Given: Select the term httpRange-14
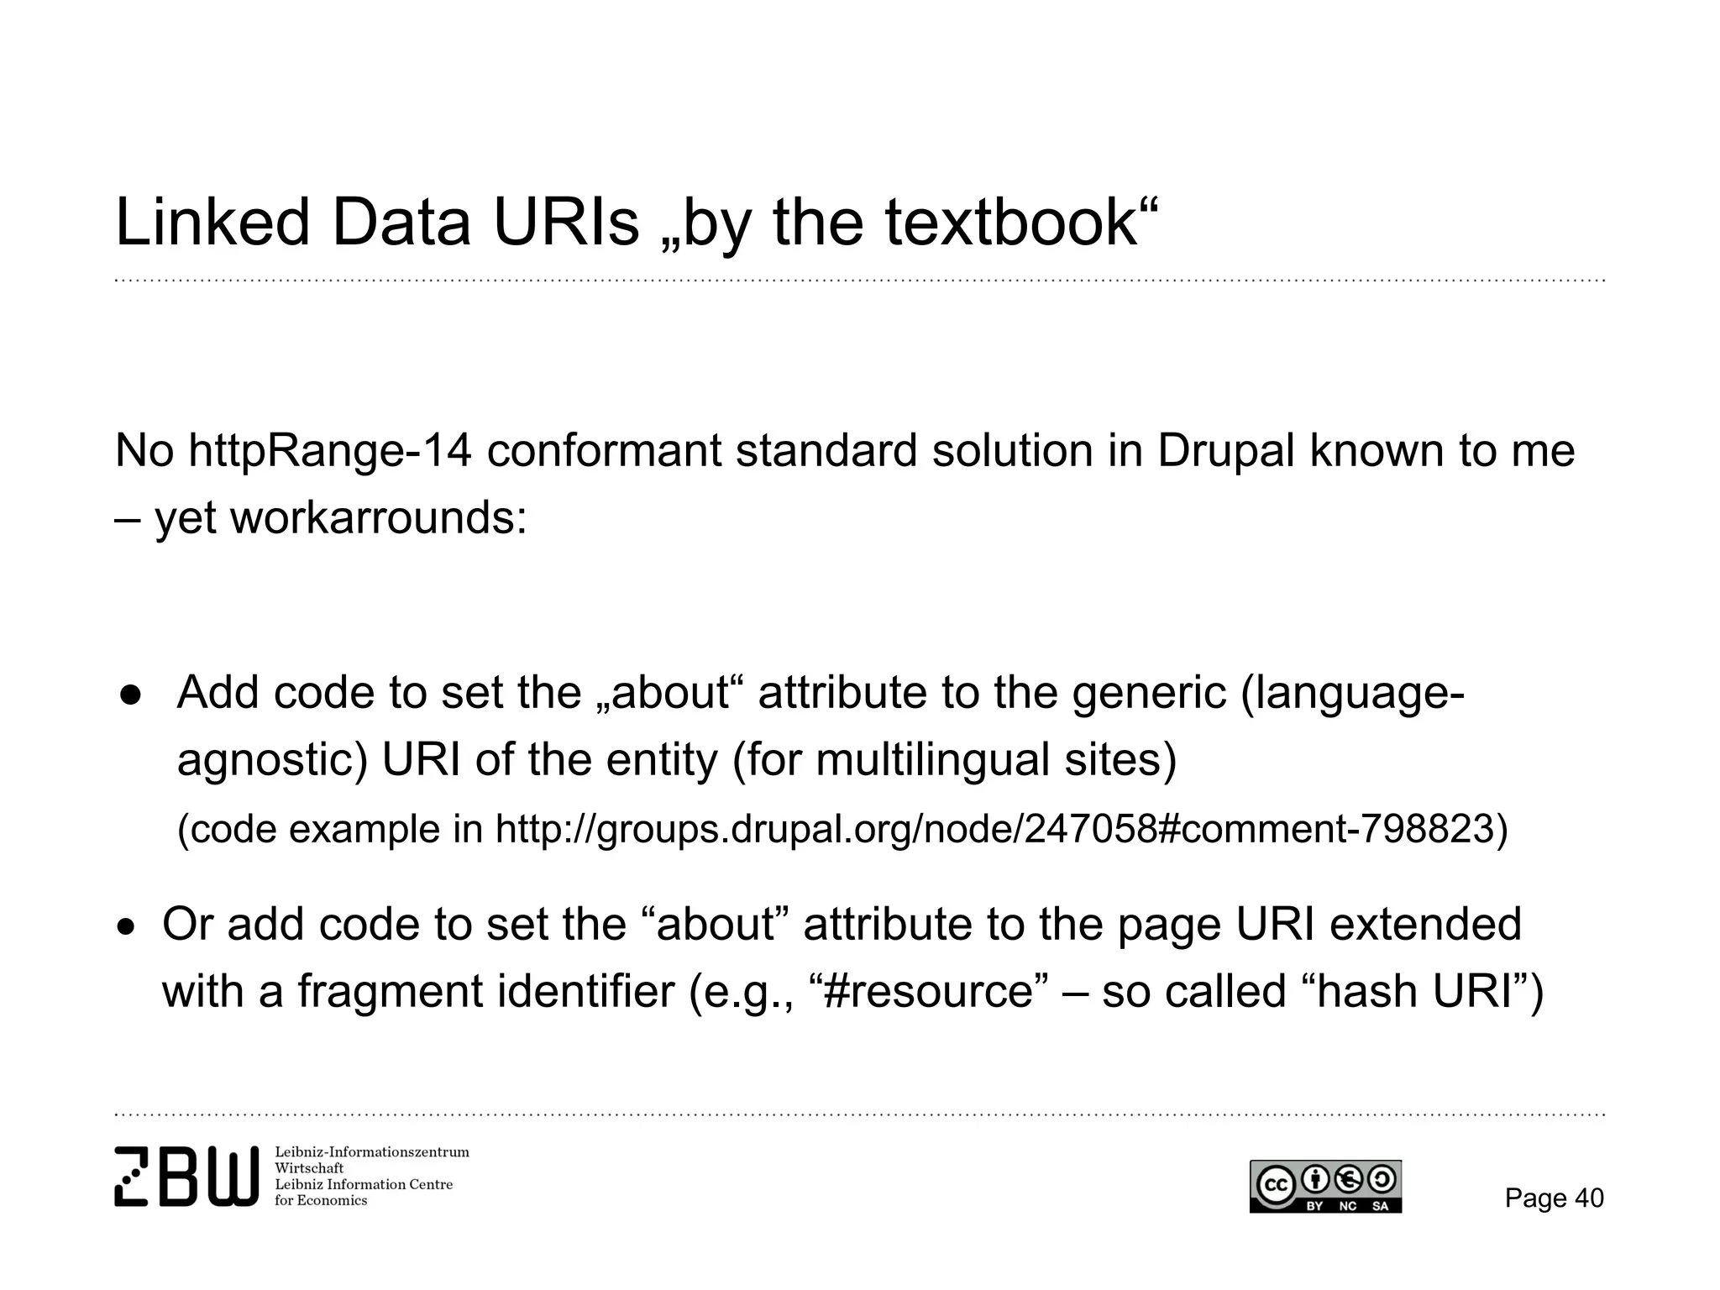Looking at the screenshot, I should pyautogui.click(x=329, y=451).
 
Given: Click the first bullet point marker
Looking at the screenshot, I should pyautogui.click(x=132, y=694).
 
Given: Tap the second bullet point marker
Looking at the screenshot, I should pyautogui.click(x=125, y=927).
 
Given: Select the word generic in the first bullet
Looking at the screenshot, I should pyautogui.click(x=1149, y=694).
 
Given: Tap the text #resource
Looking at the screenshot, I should pyautogui.click(x=928, y=991).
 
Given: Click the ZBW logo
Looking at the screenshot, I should pyautogui.click(x=186, y=1177).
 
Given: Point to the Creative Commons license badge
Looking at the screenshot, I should pyautogui.click(x=1325, y=1187).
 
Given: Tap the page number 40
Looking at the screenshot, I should pyautogui.click(x=1589, y=1198).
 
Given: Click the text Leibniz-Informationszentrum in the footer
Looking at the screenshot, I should pyautogui.click(x=372, y=1152).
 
